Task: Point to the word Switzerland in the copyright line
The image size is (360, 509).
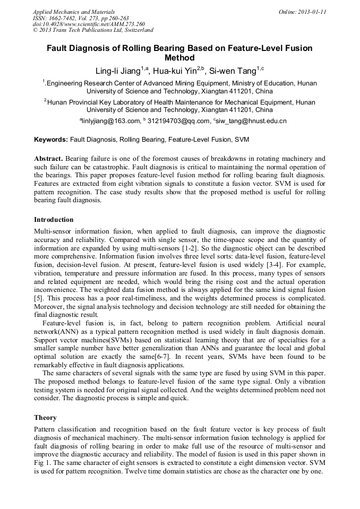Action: [x=135, y=31]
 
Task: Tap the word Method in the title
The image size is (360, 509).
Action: [x=180, y=58]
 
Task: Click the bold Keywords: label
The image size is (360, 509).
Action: [x=51, y=140]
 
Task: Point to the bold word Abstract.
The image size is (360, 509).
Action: [x=49, y=159]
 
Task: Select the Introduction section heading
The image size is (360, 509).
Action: [x=54, y=220]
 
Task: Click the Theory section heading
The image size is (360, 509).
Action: [x=45, y=418]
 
